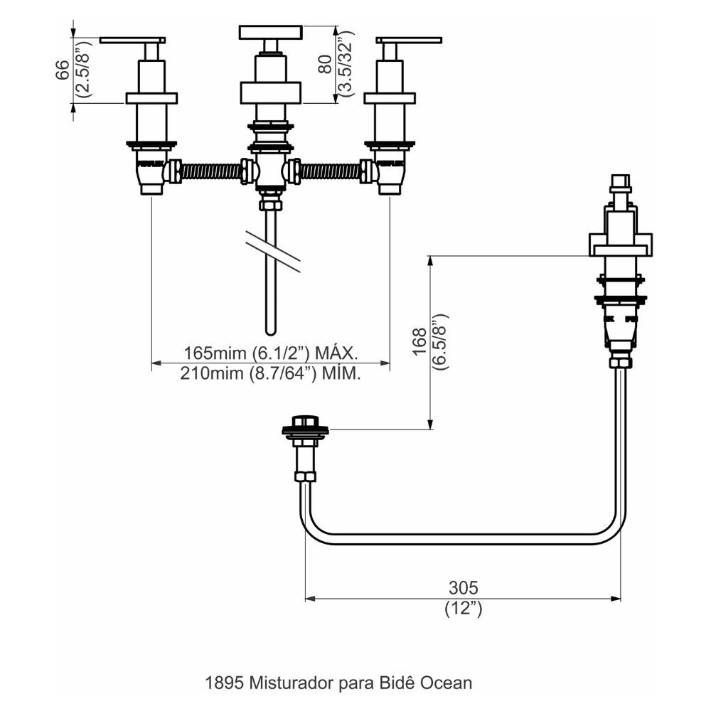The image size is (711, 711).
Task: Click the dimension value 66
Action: [x=62, y=70]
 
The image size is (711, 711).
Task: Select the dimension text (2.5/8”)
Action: [x=83, y=70]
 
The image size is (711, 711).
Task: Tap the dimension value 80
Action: [x=324, y=65]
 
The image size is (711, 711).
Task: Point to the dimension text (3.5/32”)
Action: [x=346, y=64]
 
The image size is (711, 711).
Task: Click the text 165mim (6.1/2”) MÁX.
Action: [x=270, y=353]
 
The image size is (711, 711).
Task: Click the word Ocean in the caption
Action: [x=447, y=683]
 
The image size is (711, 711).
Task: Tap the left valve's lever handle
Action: [x=133, y=40]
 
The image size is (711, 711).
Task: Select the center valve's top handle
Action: [x=270, y=33]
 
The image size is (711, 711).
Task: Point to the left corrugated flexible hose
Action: [x=211, y=171]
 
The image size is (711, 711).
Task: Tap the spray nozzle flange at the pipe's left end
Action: [x=306, y=429]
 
